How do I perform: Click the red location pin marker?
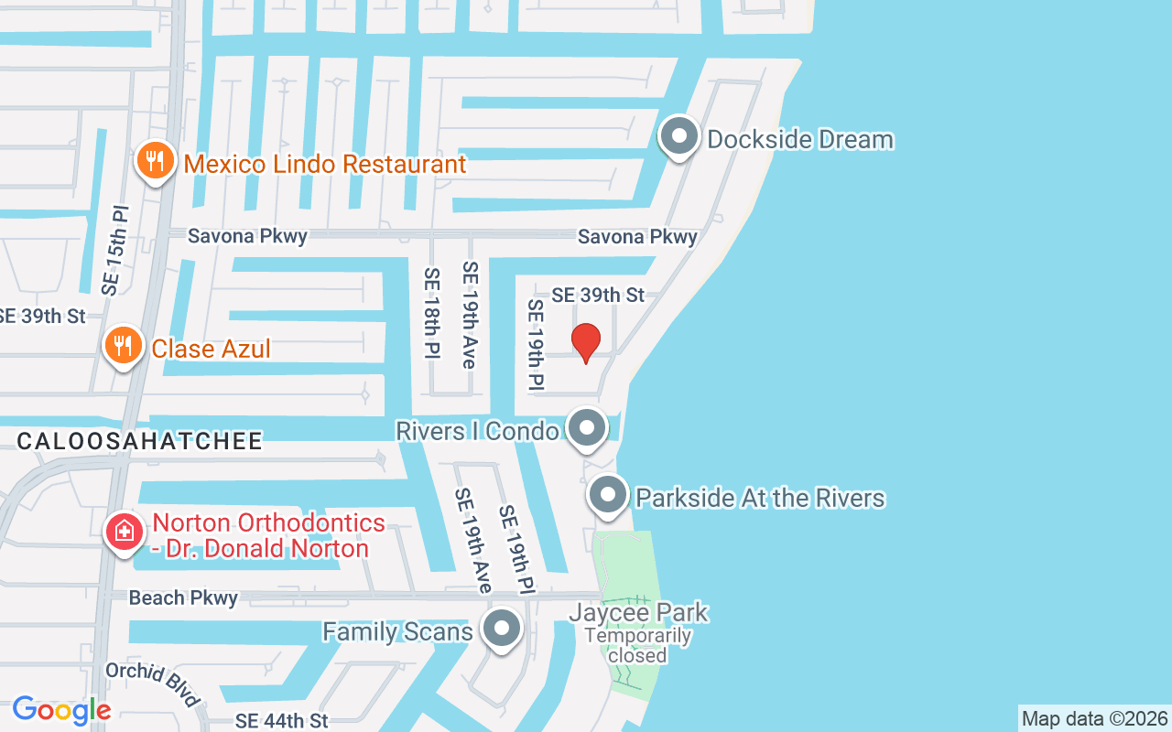pyautogui.click(x=586, y=342)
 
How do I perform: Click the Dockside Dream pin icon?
pyautogui.click(x=678, y=137)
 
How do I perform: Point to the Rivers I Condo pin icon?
pyautogui.click(x=586, y=427)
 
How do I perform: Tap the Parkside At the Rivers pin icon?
pyautogui.click(x=607, y=496)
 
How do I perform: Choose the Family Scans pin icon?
pyautogui.click(x=501, y=629)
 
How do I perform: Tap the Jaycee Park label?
pyautogui.click(x=638, y=612)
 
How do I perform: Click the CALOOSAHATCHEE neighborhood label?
pyautogui.click(x=140, y=441)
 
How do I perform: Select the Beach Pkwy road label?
pyautogui.click(x=183, y=597)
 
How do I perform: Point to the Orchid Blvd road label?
pyautogui.click(x=153, y=684)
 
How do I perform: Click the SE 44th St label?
pyautogui.click(x=281, y=721)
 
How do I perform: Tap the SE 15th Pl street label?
pyautogui.click(x=116, y=250)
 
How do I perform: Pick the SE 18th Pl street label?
pyautogui.click(x=431, y=312)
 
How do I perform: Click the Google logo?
pyautogui.click(x=61, y=710)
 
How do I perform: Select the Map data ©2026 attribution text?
pyautogui.click(x=1094, y=718)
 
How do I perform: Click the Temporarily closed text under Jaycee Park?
pyautogui.click(x=637, y=645)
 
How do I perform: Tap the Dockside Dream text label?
pyautogui.click(x=800, y=140)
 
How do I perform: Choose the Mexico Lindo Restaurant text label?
pyautogui.click(x=325, y=165)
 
